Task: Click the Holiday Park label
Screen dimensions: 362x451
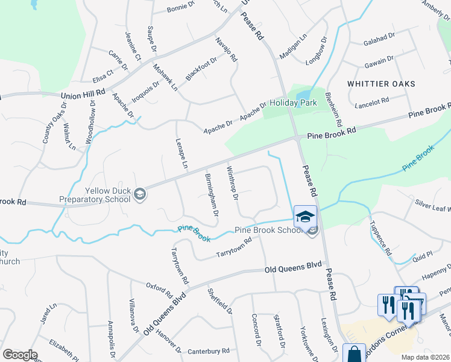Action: click(293, 103)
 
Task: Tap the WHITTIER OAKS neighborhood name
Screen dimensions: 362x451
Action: click(381, 84)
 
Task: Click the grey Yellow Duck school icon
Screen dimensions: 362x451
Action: click(140, 194)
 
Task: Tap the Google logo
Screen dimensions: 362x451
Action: click(20, 355)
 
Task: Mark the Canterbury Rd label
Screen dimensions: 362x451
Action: click(209, 350)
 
